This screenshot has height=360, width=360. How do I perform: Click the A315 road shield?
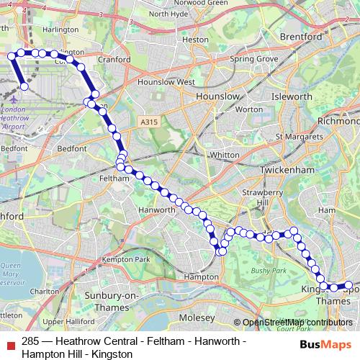click(149, 123)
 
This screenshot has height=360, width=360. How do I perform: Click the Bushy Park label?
click(270, 271)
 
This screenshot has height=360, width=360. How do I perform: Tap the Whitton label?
click(225, 155)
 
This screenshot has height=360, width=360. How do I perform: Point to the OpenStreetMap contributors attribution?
click(295, 323)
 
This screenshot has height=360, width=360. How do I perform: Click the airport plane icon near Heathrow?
click(16, 97)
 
